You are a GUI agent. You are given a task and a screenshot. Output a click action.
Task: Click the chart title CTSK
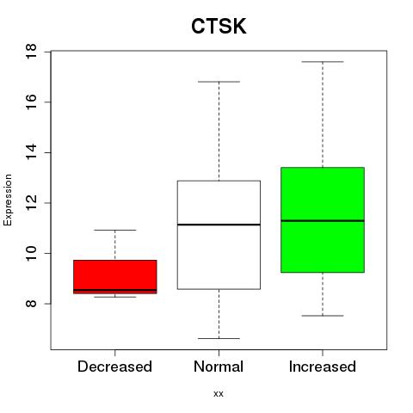[x=219, y=26]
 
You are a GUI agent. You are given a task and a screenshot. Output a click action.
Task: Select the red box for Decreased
[x=115, y=277]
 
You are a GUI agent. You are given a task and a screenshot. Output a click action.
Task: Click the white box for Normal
[x=219, y=235]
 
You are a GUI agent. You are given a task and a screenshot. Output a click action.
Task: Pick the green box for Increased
[x=323, y=219]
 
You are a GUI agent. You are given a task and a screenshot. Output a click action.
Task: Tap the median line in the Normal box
[x=219, y=225]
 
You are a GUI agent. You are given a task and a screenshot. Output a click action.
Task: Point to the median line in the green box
[x=323, y=220]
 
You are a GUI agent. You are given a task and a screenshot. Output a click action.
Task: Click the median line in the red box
[x=115, y=290]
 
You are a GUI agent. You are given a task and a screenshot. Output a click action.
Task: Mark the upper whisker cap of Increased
[x=323, y=62]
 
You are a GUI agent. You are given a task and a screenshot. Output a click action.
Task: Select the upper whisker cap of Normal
[x=219, y=82]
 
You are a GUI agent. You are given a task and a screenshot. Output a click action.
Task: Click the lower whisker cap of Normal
[x=219, y=338]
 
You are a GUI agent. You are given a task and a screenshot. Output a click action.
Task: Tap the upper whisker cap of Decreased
[x=115, y=230]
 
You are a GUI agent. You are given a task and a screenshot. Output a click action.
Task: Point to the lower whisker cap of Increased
[x=323, y=316]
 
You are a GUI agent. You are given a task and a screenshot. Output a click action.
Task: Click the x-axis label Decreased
[x=114, y=367]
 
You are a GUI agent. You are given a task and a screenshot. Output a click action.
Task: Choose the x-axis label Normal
[x=219, y=367]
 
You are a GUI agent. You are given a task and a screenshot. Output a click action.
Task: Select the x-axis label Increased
[x=323, y=367]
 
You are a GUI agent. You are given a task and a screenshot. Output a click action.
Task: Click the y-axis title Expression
[x=8, y=200]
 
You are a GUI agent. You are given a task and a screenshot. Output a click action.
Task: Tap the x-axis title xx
[x=219, y=394]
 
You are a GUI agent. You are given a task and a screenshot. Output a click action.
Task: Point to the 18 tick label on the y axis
[x=31, y=52]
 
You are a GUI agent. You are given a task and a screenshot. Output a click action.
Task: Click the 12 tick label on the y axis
[x=31, y=203]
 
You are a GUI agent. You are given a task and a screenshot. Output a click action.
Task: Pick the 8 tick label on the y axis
[x=31, y=304]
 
